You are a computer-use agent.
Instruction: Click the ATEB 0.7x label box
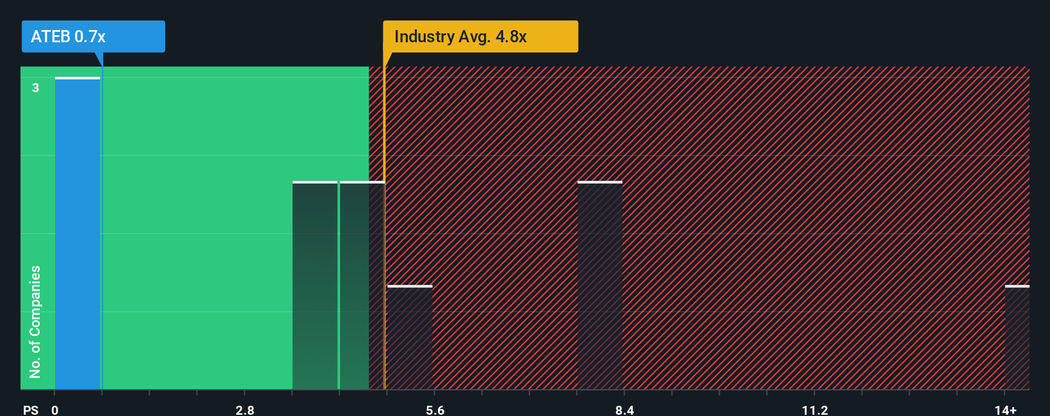click(93, 36)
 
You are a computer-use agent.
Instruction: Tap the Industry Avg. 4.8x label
click(480, 36)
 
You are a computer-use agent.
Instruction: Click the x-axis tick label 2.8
click(245, 410)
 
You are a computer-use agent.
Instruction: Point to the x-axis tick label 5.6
click(435, 410)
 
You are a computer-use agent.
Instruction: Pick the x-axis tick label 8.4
click(624, 410)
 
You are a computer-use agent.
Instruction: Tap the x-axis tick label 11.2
click(814, 410)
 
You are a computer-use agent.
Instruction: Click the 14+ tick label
click(1005, 410)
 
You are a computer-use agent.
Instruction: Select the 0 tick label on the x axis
click(55, 410)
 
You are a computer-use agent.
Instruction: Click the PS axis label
click(31, 410)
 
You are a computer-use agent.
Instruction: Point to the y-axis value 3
click(36, 88)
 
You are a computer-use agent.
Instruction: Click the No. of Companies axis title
click(35, 321)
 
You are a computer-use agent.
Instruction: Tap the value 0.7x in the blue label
click(90, 36)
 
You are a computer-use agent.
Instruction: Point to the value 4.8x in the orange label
click(511, 36)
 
